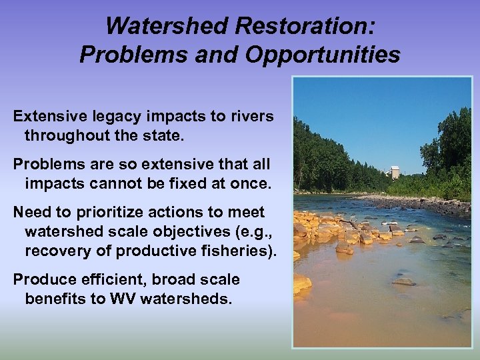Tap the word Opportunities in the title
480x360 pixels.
pos(323,54)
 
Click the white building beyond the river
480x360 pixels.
pos(395,172)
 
